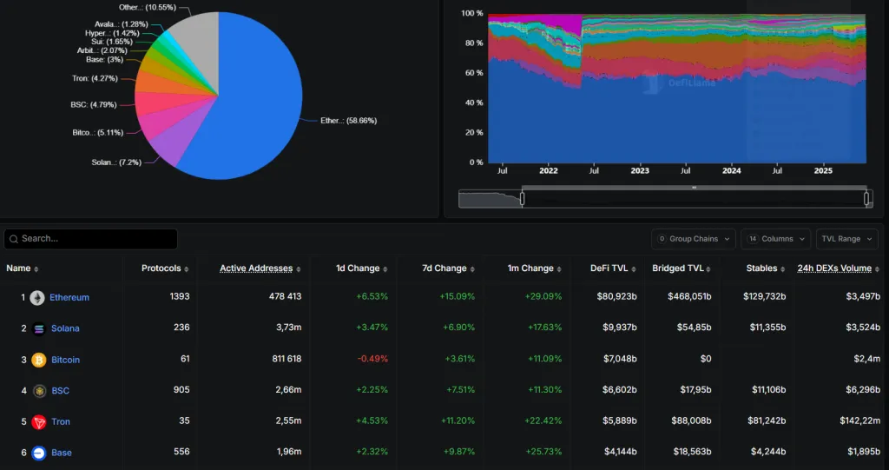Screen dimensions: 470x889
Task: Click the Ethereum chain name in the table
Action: (69, 297)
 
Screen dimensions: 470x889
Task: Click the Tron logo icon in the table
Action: (38, 422)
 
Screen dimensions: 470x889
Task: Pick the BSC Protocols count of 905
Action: (181, 391)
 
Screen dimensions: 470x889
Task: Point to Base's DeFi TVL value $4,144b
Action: (621, 453)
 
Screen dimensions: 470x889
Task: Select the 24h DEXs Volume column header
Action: (834, 268)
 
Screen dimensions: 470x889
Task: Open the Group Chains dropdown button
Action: (694, 239)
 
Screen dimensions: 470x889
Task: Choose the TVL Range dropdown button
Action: (846, 239)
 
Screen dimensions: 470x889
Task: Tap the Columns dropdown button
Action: (776, 239)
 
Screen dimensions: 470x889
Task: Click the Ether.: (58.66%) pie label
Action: (348, 121)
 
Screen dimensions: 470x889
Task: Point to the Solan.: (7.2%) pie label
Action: (115, 162)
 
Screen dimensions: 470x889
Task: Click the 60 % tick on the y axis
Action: (472, 73)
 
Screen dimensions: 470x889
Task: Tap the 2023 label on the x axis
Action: (640, 171)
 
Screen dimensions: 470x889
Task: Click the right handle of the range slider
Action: (867, 199)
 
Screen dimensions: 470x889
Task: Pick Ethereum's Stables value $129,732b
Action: (764, 297)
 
